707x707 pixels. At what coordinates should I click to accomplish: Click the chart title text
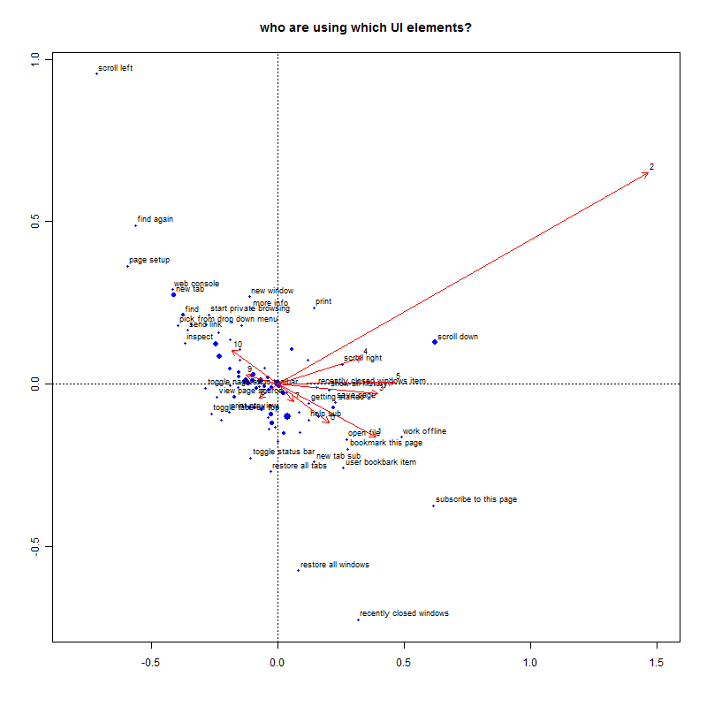coord(365,27)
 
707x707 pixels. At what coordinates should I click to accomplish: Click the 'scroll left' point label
coord(115,68)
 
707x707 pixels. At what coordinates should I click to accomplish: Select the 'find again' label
coord(156,219)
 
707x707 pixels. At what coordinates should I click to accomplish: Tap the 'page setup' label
coord(149,261)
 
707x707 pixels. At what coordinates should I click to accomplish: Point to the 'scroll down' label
coord(458,337)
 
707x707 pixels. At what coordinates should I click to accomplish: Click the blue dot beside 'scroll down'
coord(435,342)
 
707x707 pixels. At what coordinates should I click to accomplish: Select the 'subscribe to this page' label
coord(476,499)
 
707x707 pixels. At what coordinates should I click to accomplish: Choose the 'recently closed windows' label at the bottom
coord(404,613)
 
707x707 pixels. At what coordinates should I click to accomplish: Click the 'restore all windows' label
coord(335,565)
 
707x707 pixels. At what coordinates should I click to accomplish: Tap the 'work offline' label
coord(424,431)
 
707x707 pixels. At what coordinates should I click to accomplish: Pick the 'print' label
coord(323,301)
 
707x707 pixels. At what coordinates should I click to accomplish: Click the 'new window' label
coord(272,291)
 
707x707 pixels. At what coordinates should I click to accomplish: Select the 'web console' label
coord(196,284)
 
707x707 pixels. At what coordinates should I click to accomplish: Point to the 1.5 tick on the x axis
coord(657,662)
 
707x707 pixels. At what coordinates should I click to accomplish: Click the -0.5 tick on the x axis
coord(151,662)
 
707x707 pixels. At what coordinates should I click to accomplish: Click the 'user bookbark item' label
coord(381,462)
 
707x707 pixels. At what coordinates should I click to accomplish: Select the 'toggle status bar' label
coord(284,452)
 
